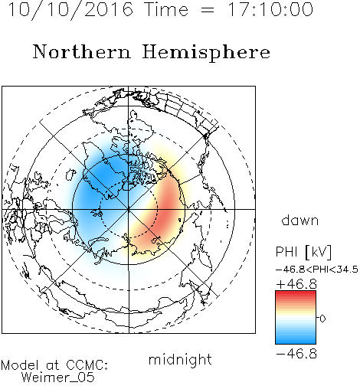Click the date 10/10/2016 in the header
tap(70, 10)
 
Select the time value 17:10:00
tap(270, 9)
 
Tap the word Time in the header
tap(166, 9)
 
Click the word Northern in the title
tap(82, 51)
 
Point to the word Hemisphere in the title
tap(206, 53)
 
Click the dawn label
tap(300, 220)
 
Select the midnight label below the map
tap(180, 359)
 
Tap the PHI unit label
tap(303, 252)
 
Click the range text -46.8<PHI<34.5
tap(317, 270)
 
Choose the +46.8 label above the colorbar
tap(296, 284)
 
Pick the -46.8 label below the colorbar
tap(296, 354)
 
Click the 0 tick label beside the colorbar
tap(322, 319)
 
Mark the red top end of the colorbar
tap(296, 293)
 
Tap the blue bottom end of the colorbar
tap(296, 342)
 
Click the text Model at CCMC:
tap(54, 365)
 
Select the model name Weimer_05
tap(58, 378)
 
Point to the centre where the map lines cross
tap(129, 209)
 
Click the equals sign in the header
tap(208, 11)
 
